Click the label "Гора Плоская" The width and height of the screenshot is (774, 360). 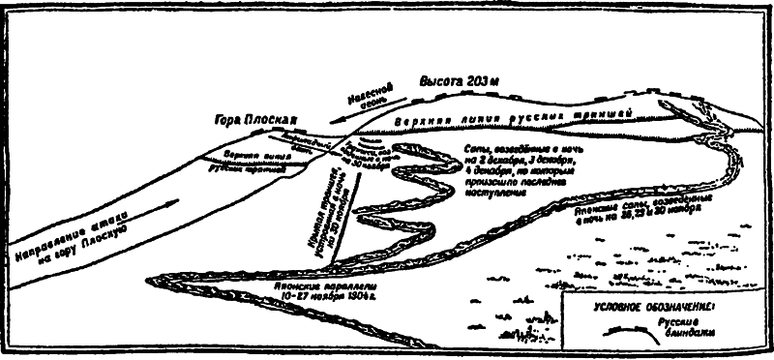tap(253, 123)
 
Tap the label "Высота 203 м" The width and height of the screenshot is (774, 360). tap(457, 80)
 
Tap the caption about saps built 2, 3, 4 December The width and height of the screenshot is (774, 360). tap(513, 165)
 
